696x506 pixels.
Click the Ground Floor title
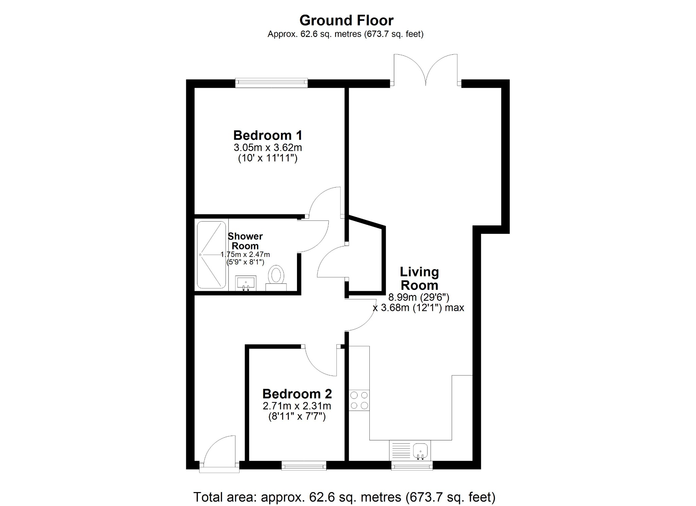click(x=346, y=20)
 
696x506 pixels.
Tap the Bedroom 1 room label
click(x=267, y=135)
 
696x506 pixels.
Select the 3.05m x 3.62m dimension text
click(x=267, y=147)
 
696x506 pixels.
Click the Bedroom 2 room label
click(x=297, y=394)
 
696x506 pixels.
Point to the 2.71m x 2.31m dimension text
click(x=297, y=406)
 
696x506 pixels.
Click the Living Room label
click(x=419, y=278)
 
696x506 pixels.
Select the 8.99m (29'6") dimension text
click(x=419, y=297)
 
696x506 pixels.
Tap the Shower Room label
click(x=245, y=241)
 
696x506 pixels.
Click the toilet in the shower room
click(x=276, y=277)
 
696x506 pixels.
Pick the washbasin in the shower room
click(x=246, y=283)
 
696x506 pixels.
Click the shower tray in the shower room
click(x=211, y=255)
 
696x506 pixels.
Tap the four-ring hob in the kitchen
click(x=359, y=400)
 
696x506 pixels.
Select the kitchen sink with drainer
click(x=410, y=450)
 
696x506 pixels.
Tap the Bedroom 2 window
click(x=304, y=466)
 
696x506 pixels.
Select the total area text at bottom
click(x=344, y=497)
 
